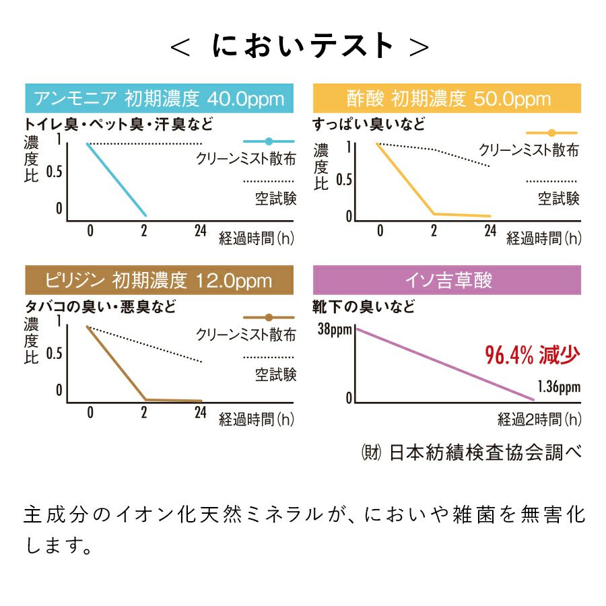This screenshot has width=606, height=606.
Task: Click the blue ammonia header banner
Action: [159, 98]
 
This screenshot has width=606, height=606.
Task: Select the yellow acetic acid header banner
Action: [447, 98]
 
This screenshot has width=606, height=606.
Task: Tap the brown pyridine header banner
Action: [159, 279]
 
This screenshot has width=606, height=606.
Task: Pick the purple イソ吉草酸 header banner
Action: [447, 279]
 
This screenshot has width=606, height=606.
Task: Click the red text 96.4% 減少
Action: [532, 354]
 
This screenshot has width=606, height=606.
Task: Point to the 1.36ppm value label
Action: [559, 387]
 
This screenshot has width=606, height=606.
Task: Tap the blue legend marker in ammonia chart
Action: [269, 141]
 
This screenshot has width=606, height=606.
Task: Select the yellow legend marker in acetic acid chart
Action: [551, 133]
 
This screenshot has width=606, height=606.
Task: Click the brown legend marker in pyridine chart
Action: [269, 316]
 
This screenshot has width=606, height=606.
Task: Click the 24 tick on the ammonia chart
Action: [200, 231]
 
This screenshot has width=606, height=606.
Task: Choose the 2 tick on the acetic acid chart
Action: [434, 231]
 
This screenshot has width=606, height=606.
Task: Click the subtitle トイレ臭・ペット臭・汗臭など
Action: [119, 125]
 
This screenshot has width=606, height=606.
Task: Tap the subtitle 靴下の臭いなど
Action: [364, 307]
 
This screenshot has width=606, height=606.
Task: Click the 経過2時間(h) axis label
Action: [539, 420]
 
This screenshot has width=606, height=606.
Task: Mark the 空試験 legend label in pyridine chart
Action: [275, 374]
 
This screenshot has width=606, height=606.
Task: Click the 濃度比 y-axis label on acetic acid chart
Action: [321, 166]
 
